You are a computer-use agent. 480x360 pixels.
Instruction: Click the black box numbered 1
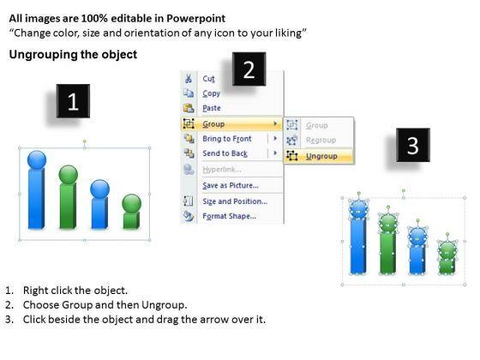(73, 101)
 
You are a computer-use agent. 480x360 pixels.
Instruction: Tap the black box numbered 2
(249, 69)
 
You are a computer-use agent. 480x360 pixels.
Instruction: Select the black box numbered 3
(413, 145)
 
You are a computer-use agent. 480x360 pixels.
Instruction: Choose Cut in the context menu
(209, 79)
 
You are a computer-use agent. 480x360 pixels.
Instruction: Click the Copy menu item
(211, 93)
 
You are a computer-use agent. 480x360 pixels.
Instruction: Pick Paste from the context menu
(212, 108)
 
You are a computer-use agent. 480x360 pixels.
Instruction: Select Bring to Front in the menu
(227, 139)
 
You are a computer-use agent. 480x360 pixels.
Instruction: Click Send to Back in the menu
(225, 153)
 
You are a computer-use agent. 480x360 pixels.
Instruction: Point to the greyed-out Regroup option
(321, 141)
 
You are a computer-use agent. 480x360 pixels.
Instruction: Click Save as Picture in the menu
(231, 185)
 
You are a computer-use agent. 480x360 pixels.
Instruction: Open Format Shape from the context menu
(230, 216)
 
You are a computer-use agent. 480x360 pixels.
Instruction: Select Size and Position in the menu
(235, 201)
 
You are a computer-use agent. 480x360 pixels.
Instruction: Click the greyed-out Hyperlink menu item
(222, 170)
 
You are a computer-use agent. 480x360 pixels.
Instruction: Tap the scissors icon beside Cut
(189, 78)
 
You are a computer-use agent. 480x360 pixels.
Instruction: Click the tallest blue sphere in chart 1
(37, 159)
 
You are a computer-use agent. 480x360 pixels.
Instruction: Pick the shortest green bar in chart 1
(131, 220)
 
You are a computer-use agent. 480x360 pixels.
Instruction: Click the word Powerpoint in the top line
(196, 18)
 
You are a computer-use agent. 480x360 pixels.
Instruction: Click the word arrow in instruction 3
(212, 320)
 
